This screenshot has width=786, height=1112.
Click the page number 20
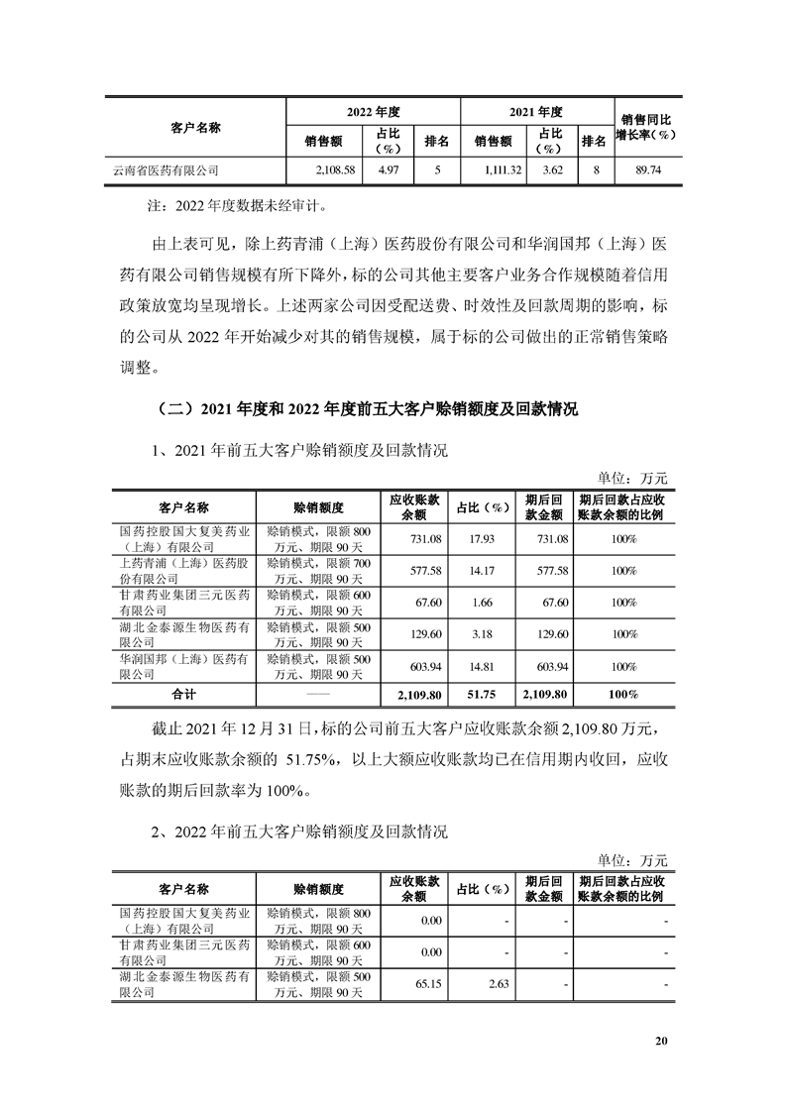663,1041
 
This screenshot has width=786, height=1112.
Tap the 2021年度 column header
536,112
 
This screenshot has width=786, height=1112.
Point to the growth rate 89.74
649,170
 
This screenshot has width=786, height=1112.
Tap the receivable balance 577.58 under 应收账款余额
413,570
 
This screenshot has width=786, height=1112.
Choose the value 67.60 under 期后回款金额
544,602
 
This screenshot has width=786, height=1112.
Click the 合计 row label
184,694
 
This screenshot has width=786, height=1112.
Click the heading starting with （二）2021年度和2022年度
365,408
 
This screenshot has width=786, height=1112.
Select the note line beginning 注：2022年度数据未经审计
239,208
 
